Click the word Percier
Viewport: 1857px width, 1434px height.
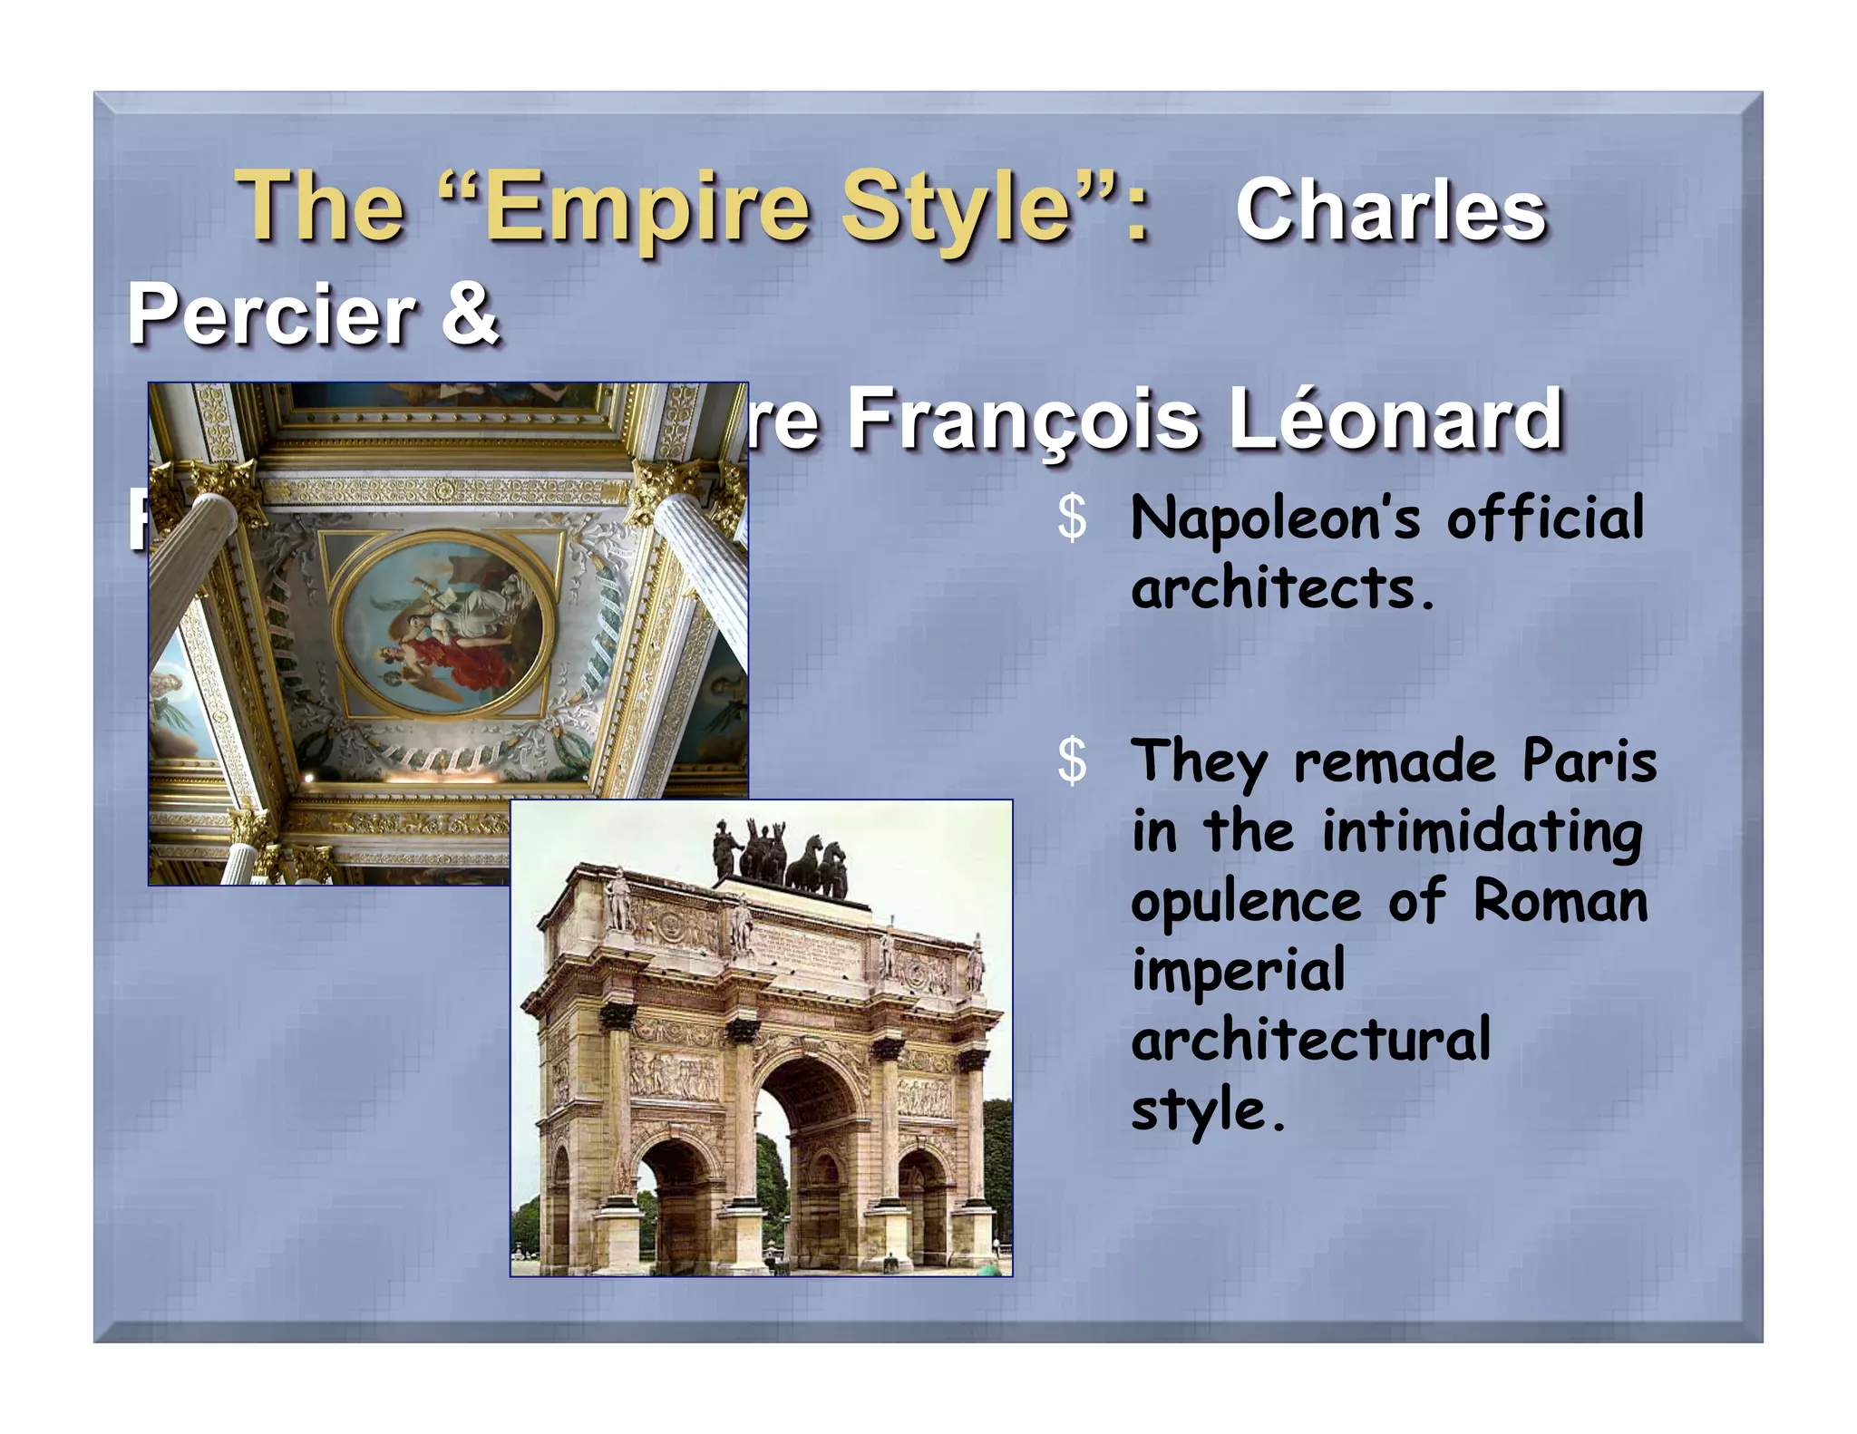[x=271, y=314]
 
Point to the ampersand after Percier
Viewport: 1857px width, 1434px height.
[x=470, y=314]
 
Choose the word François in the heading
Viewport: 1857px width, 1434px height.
[x=1024, y=419]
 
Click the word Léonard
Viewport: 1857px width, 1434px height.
[x=1396, y=419]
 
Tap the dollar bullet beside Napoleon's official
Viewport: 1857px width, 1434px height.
[x=1072, y=519]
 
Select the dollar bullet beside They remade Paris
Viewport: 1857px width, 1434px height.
[x=1072, y=761]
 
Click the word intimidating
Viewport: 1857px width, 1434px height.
[x=1482, y=832]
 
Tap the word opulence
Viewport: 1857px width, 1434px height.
[x=1247, y=902]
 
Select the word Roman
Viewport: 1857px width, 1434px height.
[x=1560, y=902]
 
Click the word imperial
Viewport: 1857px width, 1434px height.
[x=1239, y=970]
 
